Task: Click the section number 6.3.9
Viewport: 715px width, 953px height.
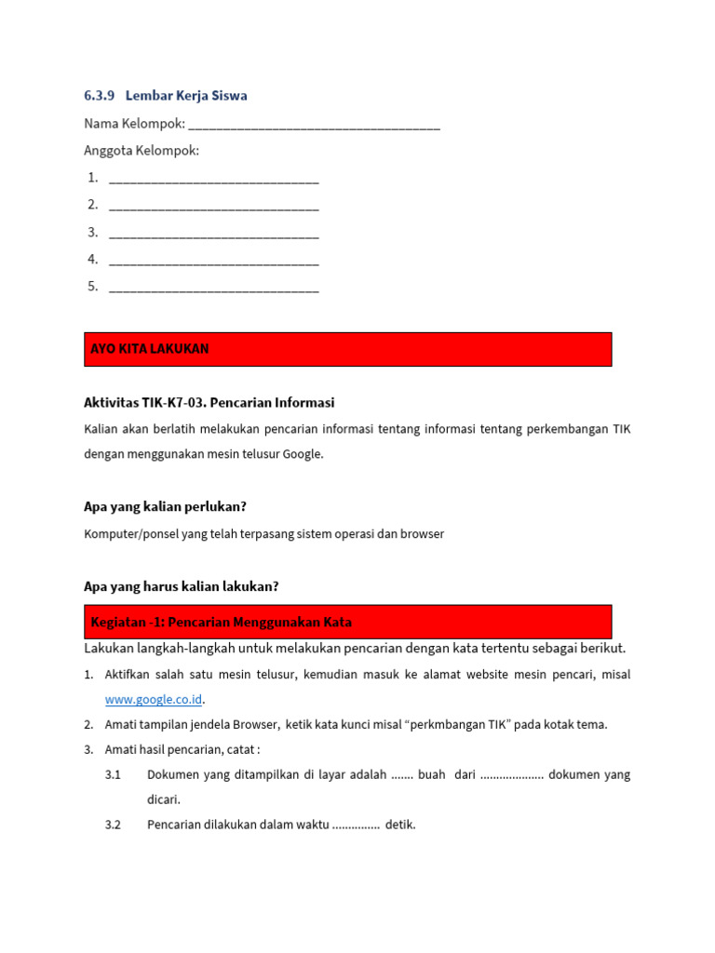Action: (99, 96)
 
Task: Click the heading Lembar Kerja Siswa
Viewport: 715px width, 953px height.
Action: (186, 96)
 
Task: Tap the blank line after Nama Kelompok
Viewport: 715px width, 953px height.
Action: (314, 125)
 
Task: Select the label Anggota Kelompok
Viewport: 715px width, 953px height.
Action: (142, 151)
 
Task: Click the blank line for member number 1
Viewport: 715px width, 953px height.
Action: (213, 179)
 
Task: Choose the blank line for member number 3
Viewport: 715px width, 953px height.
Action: (213, 233)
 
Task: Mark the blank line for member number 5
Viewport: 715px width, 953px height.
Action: (213, 288)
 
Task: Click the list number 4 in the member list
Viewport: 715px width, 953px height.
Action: (93, 260)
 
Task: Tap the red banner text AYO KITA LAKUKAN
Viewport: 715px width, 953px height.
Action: (150, 349)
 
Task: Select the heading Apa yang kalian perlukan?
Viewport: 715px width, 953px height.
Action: (165, 507)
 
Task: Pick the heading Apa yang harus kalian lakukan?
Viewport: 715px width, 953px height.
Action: (182, 586)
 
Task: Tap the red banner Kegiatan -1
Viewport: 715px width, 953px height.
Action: (222, 622)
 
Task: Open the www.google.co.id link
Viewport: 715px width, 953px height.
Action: (154, 699)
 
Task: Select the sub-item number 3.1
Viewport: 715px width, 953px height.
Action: (114, 774)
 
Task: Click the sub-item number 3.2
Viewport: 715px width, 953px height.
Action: (114, 825)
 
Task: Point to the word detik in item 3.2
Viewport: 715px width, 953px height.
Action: (400, 825)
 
